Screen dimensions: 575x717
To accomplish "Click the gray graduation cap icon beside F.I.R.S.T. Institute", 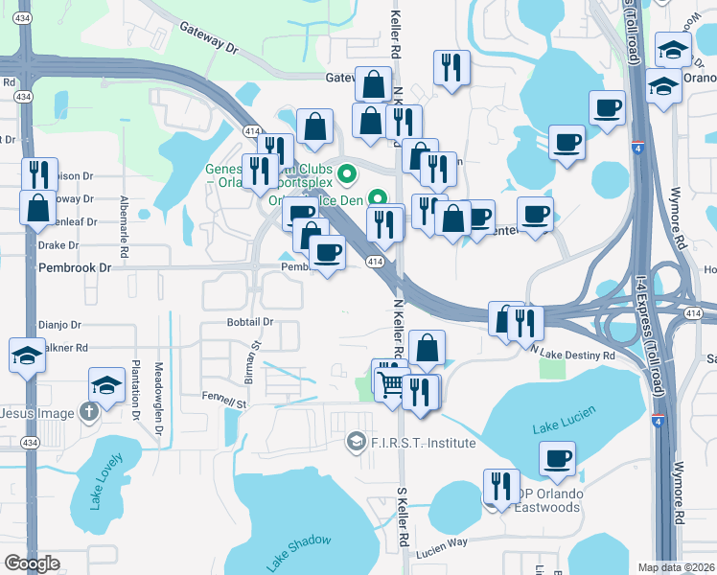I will (356, 441).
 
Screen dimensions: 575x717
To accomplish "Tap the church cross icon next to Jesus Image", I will (88, 413).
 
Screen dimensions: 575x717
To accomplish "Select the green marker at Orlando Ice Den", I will (378, 200).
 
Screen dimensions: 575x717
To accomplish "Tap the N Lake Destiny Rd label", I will (572, 355).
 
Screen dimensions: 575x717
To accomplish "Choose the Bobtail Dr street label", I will (251, 322).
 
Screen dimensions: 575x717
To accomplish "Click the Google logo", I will (32, 563).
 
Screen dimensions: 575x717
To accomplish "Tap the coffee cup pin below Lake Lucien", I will (557, 460).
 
